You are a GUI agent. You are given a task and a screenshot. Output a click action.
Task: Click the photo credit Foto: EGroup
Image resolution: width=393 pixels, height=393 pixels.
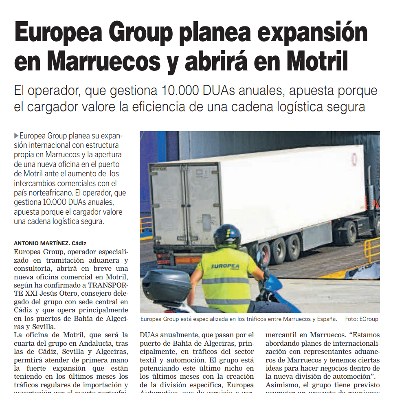(x=361, y=319)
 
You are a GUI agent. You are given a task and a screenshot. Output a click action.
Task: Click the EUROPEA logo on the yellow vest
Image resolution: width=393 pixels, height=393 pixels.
(x=225, y=267)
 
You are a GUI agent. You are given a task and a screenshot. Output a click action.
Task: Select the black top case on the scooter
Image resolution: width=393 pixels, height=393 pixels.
(x=166, y=285)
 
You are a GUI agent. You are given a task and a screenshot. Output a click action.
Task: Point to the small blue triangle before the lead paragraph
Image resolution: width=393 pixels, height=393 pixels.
(x=16, y=136)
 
